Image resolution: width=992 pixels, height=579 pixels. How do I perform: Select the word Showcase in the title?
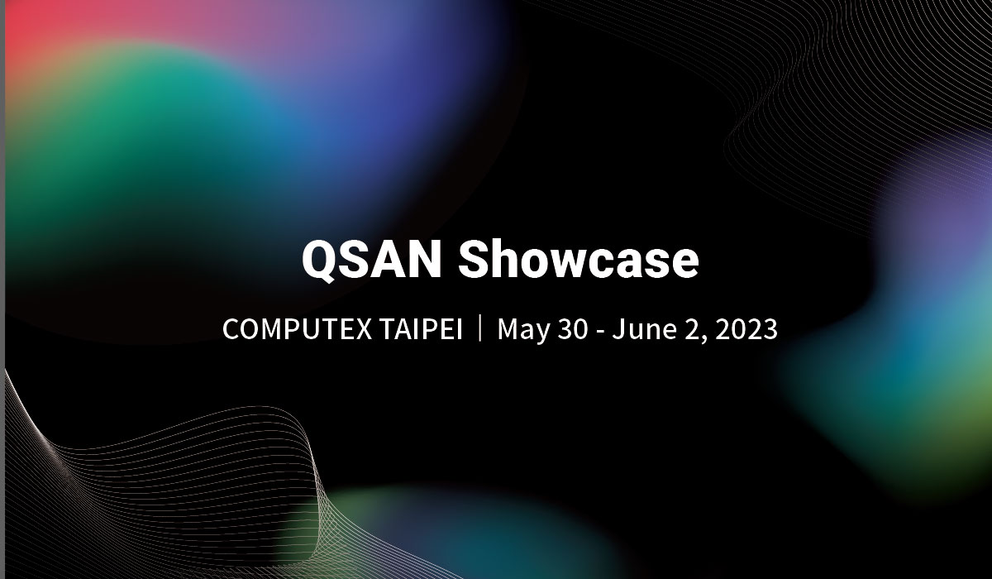coord(579,260)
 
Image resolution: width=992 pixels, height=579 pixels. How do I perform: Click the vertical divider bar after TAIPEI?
coord(480,328)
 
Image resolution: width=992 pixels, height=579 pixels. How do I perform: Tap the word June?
coord(640,329)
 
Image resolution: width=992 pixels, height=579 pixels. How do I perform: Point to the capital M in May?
coord(508,329)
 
